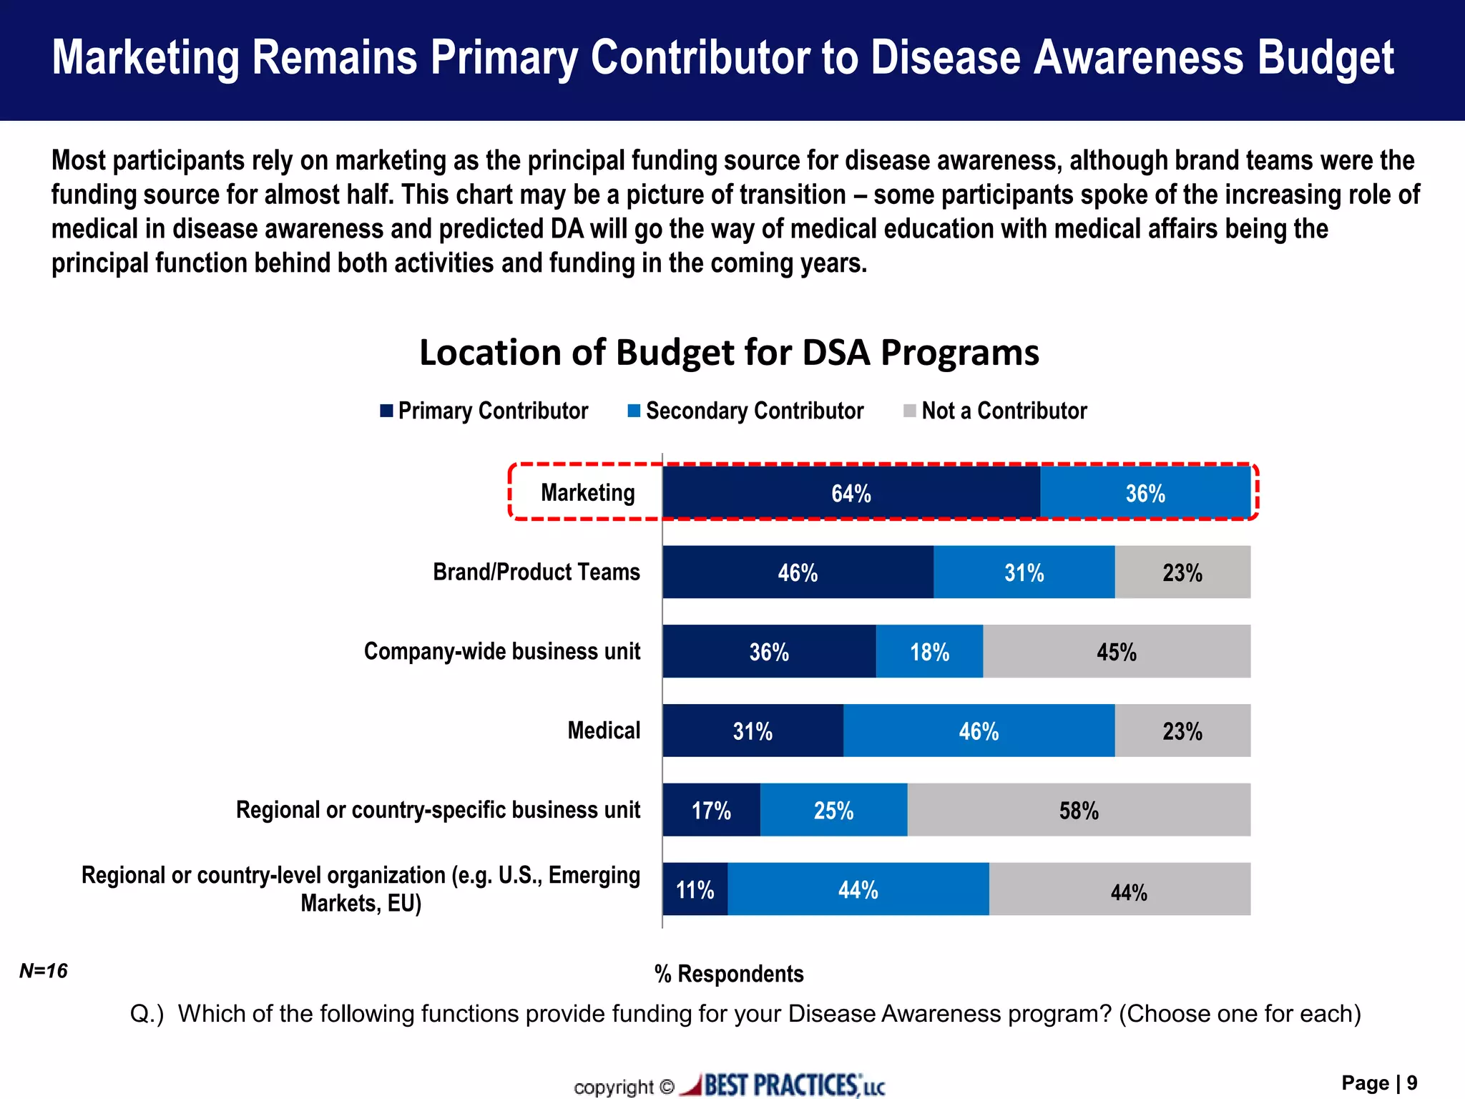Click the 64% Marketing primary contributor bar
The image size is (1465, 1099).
[x=851, y=492]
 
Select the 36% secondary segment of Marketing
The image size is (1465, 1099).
[x=1145, y=492]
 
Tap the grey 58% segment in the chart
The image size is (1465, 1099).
[x=1079, y=809]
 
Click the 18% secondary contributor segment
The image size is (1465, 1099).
[x=929, y=651]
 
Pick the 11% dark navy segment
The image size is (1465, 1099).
[x=695, y=889]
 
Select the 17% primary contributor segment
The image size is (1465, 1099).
[x=711, y=809]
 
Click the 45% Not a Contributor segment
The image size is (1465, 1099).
[x=1116, y=651]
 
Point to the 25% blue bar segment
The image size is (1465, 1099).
[x=833, y=809]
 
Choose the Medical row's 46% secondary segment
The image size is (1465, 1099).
[x=978, y=731]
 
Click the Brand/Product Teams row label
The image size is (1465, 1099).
[x=536, y=572]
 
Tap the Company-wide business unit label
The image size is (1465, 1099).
[x=502, y=651]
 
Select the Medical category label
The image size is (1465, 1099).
[x=604, y=731]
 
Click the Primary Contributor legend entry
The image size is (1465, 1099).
[x=484, y=411]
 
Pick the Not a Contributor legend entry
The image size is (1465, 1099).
[x=995, y=411]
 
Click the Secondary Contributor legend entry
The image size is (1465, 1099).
[x=745, y=411]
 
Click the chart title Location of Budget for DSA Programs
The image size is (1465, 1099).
[x=729, y=352]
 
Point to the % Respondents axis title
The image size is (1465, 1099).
[x=729, y=974]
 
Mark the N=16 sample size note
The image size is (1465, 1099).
[x=43, y=971]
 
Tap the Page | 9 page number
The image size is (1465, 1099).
[x=1378, y=1083]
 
